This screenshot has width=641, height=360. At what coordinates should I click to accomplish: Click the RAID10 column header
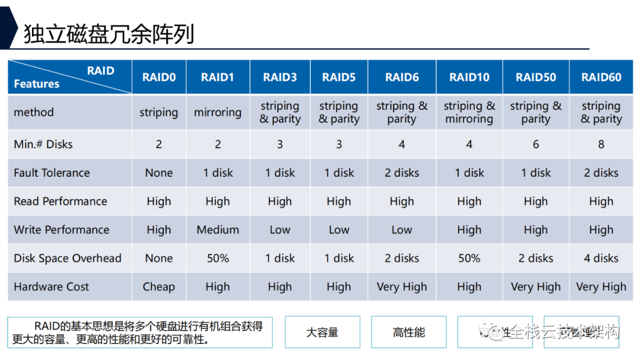point(469,77)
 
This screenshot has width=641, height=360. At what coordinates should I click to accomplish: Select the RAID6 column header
point(402,77)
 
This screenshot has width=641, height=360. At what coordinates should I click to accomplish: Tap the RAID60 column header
point(601,77)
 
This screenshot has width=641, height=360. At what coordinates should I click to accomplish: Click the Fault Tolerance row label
point(52,173)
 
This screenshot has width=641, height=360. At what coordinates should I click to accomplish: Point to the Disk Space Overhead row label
point(68,259)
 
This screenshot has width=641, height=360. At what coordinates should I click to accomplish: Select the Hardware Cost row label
point(52,287)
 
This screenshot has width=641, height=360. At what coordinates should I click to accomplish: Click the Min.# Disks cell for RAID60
point(601,144)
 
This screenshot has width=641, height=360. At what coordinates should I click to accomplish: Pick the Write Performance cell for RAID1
point(218,230)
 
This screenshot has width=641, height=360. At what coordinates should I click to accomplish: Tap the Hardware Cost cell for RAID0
point(158,287)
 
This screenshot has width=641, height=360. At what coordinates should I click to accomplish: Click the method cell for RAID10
point(469,113)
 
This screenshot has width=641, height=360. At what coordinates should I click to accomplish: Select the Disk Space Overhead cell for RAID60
point(601,259)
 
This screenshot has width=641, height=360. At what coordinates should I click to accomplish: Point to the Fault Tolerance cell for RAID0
point(158,173)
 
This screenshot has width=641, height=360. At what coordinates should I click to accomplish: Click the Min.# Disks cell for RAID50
point(535,144)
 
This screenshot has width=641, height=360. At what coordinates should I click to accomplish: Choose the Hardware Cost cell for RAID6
point(402,287)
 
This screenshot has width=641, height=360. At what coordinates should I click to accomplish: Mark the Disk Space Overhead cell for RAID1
point(218,259)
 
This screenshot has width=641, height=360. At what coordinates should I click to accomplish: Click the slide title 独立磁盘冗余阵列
point(109,34)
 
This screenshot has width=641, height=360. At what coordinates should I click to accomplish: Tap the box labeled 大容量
point(322,332)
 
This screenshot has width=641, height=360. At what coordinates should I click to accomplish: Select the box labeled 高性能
point(409,332)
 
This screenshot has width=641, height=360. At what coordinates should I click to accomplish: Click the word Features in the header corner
point(37,84)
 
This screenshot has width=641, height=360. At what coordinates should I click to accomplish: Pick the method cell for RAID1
point(218,113)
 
